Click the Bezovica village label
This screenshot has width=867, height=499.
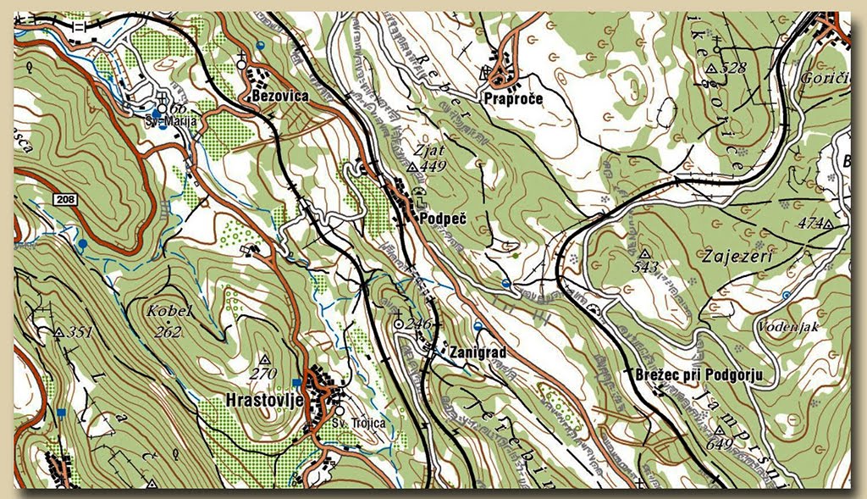coord(279,97)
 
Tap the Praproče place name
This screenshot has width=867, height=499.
coord(513,99)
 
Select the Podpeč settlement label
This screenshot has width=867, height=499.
coord(443,219)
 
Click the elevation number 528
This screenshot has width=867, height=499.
coord(734,67)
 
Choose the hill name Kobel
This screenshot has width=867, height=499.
coord(169,311)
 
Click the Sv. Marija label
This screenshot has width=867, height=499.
coord(177,122)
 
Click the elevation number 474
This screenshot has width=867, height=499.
coord(810,224)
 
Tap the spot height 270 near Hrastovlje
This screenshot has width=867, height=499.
coord(263,373)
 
